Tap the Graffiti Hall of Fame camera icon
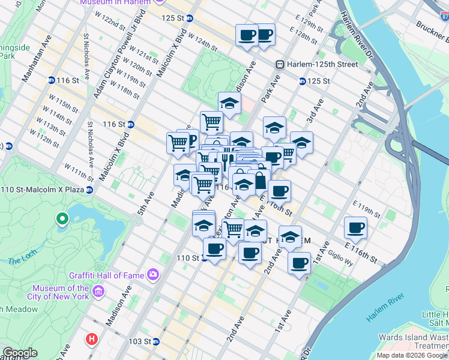coord(154,275)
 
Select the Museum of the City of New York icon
coord(99,292)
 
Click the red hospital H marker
coord(91,339)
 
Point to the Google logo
coord(20,353)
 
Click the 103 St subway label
coord(143,341)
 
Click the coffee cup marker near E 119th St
coord(356,228)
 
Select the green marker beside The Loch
coord(61,220)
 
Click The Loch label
coord(23,261)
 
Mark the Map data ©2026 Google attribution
coord(412,355)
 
